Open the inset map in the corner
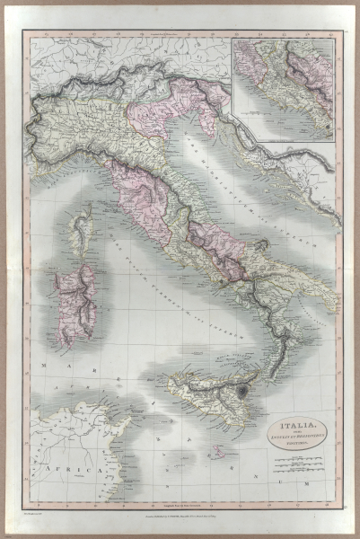[284, 90]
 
